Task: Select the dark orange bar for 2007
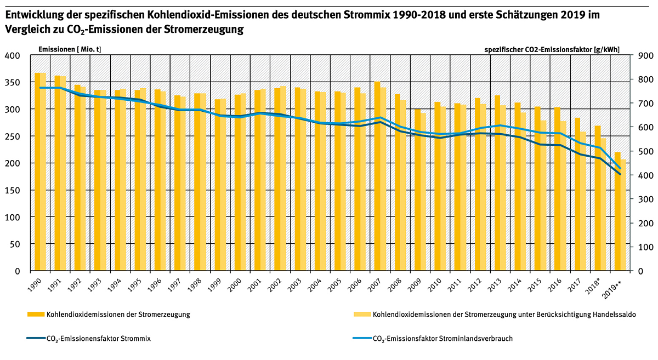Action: pos(377,176)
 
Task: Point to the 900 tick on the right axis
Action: pos(644,55)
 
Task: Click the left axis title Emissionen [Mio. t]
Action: pos(70,49)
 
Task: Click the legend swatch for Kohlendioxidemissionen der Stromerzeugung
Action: pos(35,315)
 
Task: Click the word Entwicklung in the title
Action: pos(33,15)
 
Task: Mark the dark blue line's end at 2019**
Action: pos(620,174)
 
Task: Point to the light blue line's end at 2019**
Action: pos(620,168)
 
